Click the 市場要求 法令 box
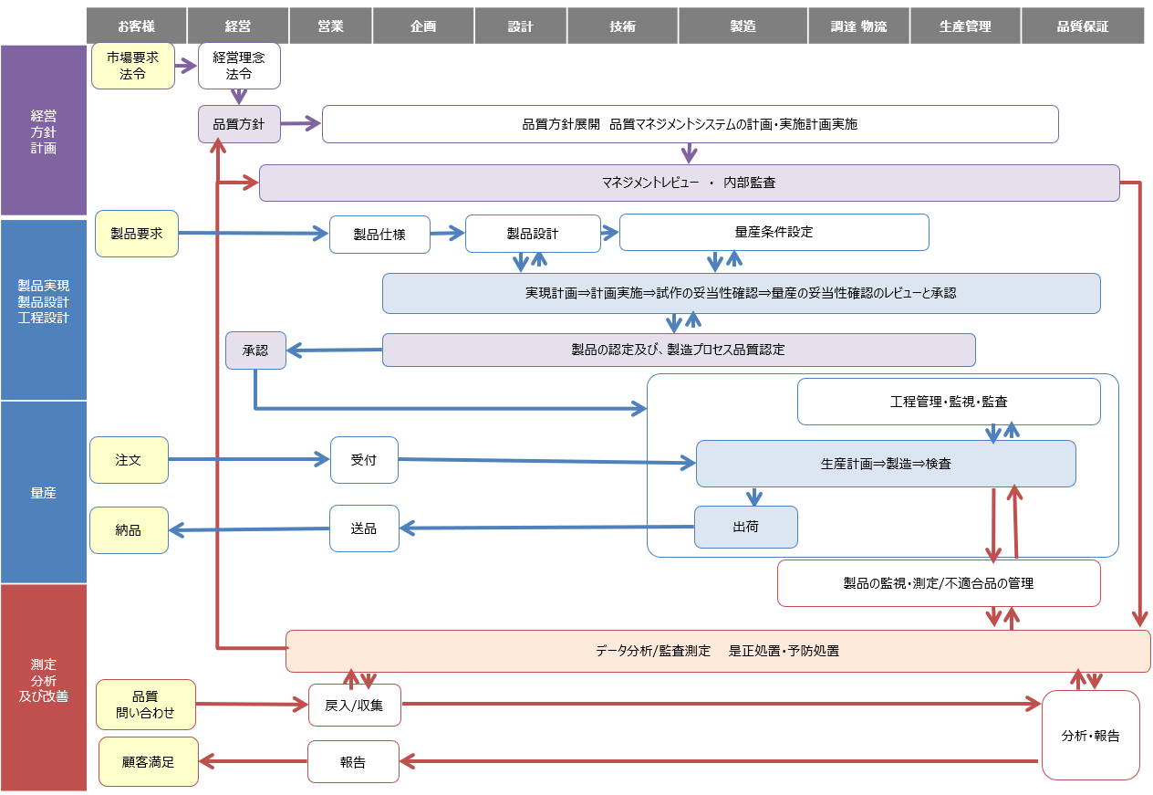point(133,66)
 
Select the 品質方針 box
point(239,124)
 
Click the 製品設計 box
point(533,234)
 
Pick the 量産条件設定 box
point(774,232)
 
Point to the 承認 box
point(255,350)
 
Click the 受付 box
point(364,460)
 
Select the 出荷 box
point(745,528)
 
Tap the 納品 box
point(129,530)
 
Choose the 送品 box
point(364,528)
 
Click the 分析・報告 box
point(1091,735)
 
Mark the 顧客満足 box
point(148,761)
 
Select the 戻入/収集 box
point(355,705)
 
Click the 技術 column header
point(623,26)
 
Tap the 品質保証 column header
point(1083,26)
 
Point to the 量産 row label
point(44,493)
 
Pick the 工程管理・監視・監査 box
point(949,402)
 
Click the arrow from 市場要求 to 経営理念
point(186,66)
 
